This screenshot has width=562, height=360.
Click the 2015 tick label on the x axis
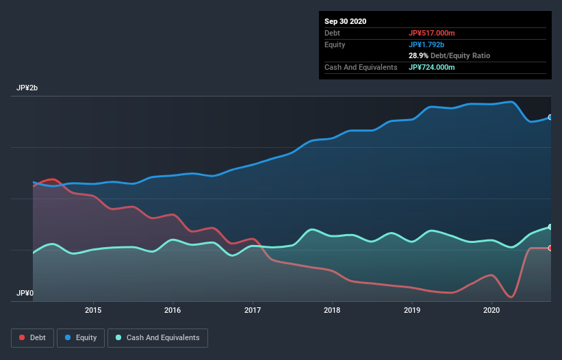[93, 310]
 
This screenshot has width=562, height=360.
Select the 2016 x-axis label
[173, 310]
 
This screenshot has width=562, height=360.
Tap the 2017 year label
[253, 310]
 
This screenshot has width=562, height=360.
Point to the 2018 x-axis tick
[332, 310]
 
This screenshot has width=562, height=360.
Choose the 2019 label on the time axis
[412, 310]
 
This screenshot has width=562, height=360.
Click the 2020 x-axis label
[491, 310]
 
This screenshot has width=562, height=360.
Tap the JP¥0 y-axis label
[25, 293]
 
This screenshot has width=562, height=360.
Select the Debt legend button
[31, 337]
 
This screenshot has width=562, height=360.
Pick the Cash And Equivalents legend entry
[157, 337]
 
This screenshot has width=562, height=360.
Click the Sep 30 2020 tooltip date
[346, 21]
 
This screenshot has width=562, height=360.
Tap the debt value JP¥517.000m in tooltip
[431, 33]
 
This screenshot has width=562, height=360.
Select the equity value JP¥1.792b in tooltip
[427, 44]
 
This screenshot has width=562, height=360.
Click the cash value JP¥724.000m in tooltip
[431, 67]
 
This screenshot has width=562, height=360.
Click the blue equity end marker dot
[550, 117]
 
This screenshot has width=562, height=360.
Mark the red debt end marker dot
[550, 248]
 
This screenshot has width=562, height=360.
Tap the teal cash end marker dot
[550, 227]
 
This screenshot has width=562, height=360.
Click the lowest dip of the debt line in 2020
[511, 297]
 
